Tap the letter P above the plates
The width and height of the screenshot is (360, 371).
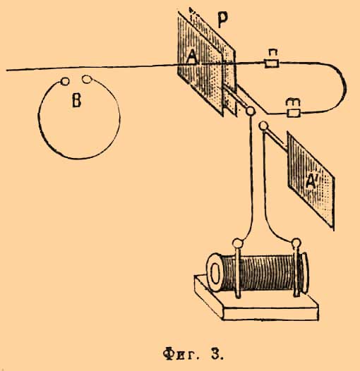coord(222,19)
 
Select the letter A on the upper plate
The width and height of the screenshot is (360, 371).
coord(191,58)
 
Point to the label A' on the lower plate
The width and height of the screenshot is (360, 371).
coord(311,181)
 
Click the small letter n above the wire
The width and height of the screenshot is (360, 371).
coord(271,54)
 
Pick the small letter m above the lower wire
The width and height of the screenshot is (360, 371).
coord(293,102)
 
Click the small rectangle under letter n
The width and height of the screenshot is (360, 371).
coord(272,64)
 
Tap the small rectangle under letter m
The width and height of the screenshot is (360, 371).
coord(294,113)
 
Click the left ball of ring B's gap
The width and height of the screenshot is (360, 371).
coord(65,81)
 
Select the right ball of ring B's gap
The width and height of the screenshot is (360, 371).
coord(87,79)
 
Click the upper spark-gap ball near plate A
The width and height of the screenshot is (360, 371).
coord(250,111)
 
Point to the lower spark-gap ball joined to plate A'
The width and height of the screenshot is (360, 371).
coord(263,126)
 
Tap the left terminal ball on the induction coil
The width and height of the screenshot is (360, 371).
coord(237,243)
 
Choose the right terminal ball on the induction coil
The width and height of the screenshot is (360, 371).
coord(296,243)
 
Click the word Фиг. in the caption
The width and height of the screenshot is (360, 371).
coord(180,354)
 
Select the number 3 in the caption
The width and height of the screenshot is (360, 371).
coord(215,354)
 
